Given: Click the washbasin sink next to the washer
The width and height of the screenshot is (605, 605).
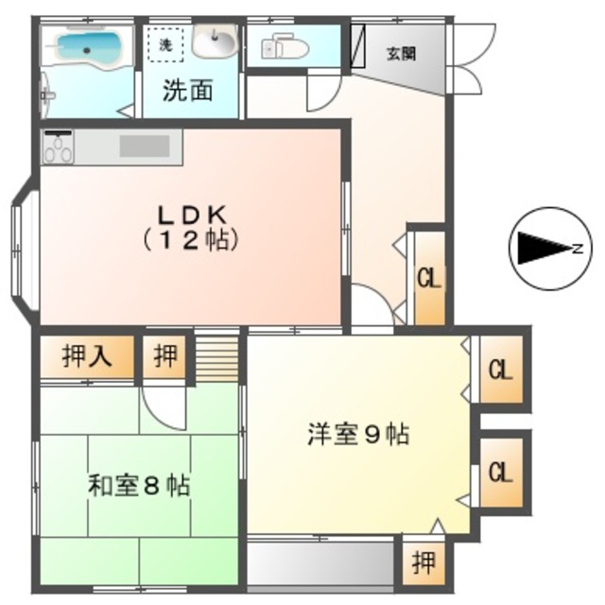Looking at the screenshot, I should (x=216, y=41).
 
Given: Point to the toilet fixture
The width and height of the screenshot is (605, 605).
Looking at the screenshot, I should (x=284, y=45).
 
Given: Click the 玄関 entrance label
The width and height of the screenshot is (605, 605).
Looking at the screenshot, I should (x=400, y=54).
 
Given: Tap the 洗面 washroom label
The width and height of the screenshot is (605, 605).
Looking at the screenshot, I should (x=187, y=91).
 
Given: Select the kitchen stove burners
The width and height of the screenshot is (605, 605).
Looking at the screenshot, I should (x=59, y=147).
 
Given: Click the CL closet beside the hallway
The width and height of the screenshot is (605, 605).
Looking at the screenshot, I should (x=429, y=280).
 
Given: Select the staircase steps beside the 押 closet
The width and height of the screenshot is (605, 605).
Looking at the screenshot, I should (x=218, y=354).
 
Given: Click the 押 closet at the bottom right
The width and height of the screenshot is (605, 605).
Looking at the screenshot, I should (x=422, y=563).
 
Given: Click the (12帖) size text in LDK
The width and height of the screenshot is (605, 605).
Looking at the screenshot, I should (x=189, y=240).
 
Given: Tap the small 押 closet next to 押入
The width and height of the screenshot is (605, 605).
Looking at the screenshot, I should (x=165, y=357).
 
